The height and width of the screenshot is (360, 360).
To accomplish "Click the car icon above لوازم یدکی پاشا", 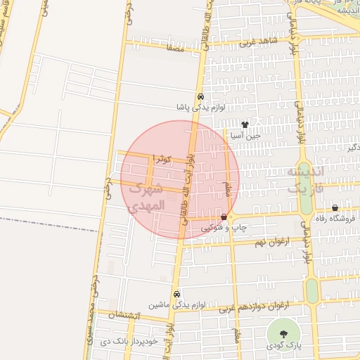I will [x=200, y=97].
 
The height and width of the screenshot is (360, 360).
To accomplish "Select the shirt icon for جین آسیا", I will [x=245, y=124].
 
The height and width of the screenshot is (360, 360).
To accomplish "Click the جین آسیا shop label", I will [x=247, y=135].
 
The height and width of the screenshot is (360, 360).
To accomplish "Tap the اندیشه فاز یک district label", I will [x=308, y=181].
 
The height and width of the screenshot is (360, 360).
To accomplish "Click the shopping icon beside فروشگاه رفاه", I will [x=335, y=208].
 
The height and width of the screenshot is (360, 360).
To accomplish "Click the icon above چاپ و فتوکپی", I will [x=224, y=218].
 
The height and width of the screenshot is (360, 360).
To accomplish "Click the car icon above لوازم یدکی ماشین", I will [x=176, y=295].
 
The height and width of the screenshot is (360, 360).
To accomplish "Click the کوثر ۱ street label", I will [x=167, y=159].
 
